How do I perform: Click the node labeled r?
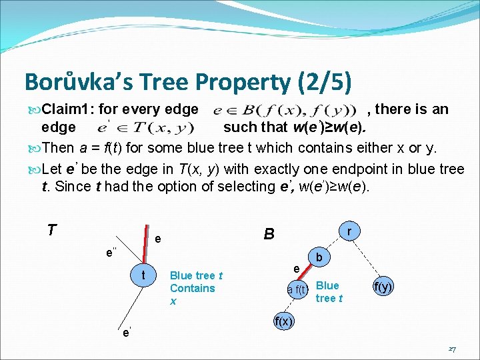click(x=349, y=231)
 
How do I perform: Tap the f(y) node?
click(x=383, y=287)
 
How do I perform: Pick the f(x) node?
click(x=283, y=320)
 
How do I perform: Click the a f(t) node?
click(x=297, y=289)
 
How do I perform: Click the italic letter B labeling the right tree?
click(x=269, y=234)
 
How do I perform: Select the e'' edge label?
click(x=111, y=253)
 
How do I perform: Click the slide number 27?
click(x=452, y=349)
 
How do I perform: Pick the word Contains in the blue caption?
click(x=192, y=288)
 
